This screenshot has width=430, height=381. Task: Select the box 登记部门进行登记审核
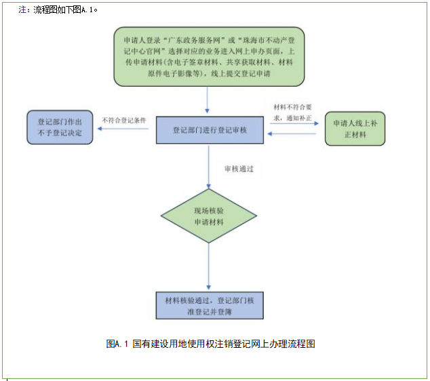point(209,129)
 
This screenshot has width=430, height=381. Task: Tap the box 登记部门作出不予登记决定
point(60,128)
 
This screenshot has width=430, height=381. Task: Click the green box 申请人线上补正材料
point(355,129)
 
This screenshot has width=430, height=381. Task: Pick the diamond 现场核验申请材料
point(208,217)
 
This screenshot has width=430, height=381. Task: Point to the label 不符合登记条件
point(124,121)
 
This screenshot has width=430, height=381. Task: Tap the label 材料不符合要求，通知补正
point(293,112)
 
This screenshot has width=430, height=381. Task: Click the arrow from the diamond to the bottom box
point(208,268)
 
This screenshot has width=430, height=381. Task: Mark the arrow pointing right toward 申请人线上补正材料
point(294,123)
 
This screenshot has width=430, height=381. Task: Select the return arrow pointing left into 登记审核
point(294,135)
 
